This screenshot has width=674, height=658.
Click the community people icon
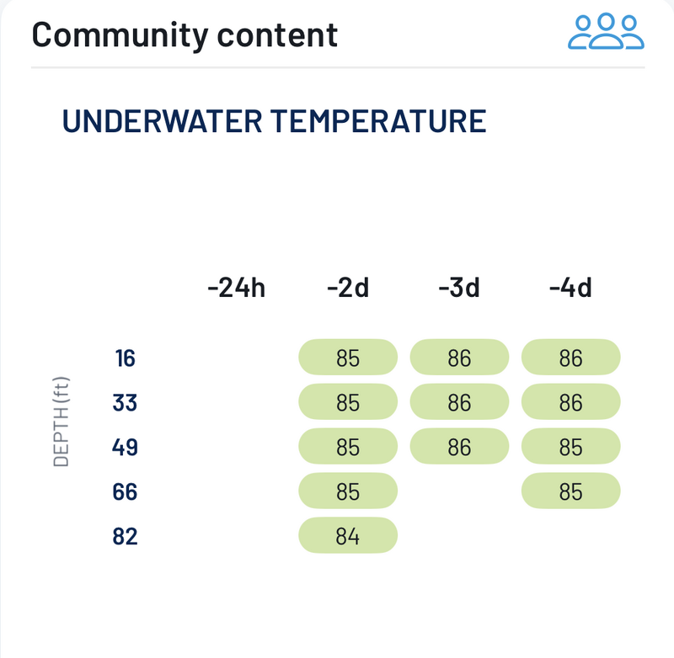click(x=606, y=32)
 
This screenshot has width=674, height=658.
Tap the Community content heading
click(x=185, y=34)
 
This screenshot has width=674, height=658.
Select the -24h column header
click(x=236, y=289)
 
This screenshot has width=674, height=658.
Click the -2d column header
click(x=348, y=289)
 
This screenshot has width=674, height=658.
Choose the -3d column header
click(x=459, y=289)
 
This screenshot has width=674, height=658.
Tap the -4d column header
click(x=570, y=289)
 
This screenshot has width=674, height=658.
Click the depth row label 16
click(x=125, y=358)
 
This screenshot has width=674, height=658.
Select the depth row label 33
click(x=125, y=403)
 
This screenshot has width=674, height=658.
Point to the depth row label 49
click(x=125, y=447)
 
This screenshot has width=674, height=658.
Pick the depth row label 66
click(x=125, y=491)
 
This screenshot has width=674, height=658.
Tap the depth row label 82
click(x=125, y=536)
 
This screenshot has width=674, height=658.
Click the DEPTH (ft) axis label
click(x=62, y=421)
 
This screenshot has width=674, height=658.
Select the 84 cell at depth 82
click(x=348, y=536)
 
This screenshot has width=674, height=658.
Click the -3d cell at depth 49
click(x=459, y=447)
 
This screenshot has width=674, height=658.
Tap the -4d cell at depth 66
click(x=570, y=491)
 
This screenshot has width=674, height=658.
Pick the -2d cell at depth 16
click(x=348, y=358)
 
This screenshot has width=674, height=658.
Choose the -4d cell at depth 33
click(x=570, y=403)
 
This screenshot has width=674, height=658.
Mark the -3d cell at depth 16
click(x=459, y=358)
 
